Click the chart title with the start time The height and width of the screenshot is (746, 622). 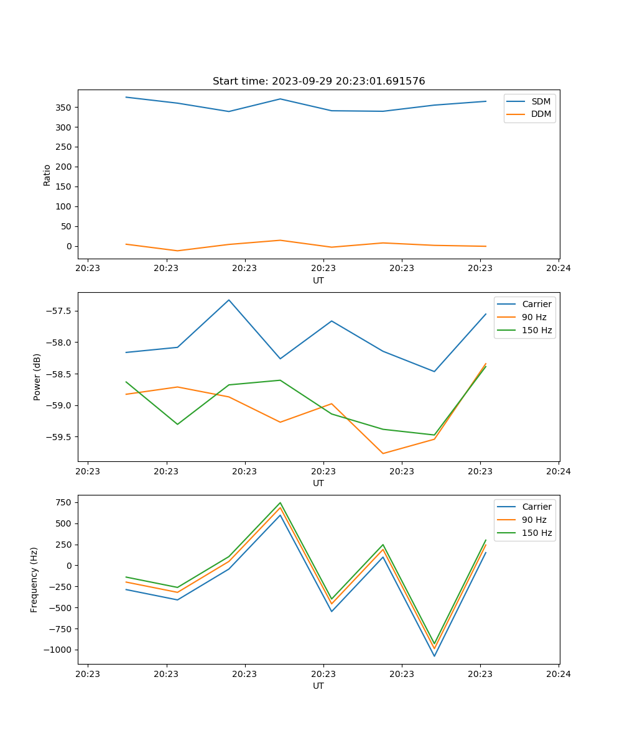coord(318,81)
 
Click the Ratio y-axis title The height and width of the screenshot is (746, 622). coord(47,175)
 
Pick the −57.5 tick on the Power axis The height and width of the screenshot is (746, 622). coord(60,311)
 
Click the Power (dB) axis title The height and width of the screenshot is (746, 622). coord(37,377)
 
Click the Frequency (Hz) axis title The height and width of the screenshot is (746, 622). coord(34,579)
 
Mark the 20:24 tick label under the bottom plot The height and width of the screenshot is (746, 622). coord(559,673)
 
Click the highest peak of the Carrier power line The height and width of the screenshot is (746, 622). coord(229,300)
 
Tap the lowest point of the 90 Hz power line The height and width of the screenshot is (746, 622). coord(383,453)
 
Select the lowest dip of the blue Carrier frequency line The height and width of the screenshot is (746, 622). coord(434,656)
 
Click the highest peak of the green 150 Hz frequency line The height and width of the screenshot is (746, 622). coord(280,503)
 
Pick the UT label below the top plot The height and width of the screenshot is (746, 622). coord(318,280)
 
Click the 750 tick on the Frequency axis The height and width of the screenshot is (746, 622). coord(63,502)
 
